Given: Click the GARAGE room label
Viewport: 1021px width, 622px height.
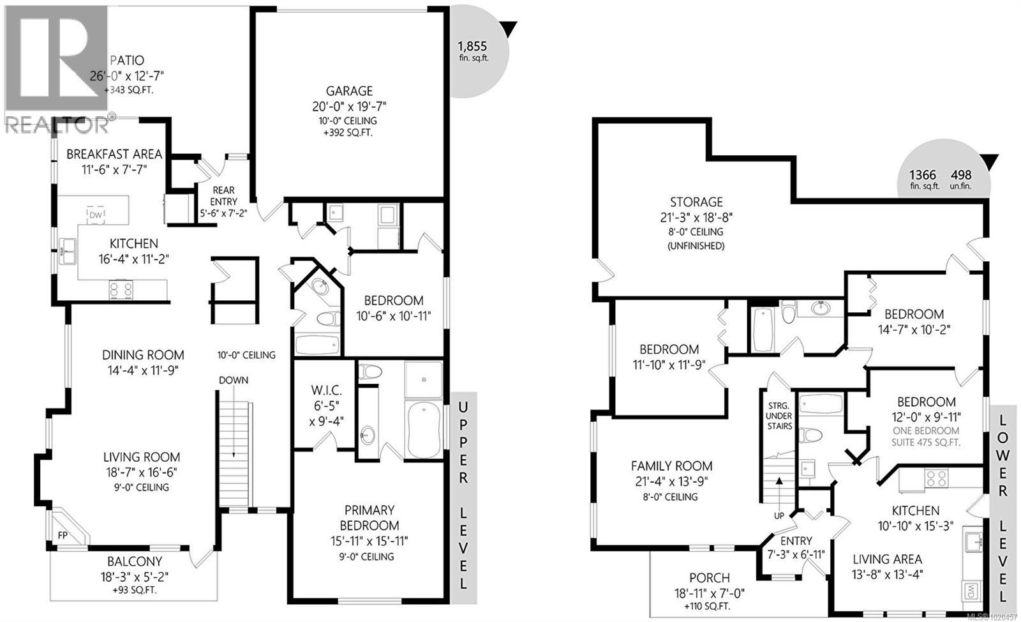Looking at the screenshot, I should (x=348, y=91).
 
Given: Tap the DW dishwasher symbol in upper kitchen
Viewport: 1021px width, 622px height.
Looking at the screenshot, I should (x=96, y=216).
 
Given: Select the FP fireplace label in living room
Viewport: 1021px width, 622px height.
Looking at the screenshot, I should (x=63, y=535).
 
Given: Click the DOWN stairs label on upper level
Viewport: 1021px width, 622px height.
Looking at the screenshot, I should (x=233, y=381).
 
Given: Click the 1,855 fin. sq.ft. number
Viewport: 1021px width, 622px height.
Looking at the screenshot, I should (x=472, y=46).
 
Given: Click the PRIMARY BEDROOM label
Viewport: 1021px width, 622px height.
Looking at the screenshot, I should (x=369, y=518).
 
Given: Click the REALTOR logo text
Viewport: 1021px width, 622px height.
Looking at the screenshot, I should (x=56, y=125).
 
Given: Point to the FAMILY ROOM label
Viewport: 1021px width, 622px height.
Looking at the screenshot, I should (x=671, y=466).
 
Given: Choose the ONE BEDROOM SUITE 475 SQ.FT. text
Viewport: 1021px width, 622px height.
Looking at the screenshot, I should (x=926, y=437).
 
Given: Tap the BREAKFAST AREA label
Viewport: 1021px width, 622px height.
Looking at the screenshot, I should (x=114, y=154).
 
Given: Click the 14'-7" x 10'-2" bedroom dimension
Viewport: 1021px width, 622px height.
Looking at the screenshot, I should (x=913, y=330).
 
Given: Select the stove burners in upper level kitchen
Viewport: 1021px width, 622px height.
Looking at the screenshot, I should (x=121, y=289).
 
